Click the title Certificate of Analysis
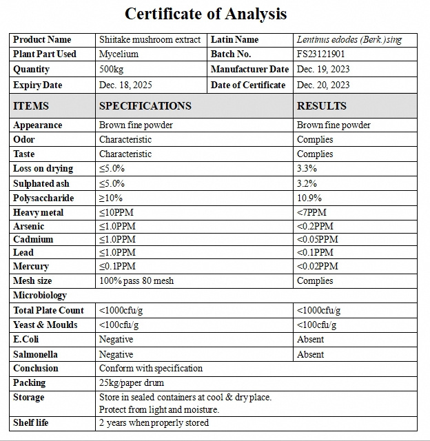click(x=205, y=14)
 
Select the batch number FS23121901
click(x=321, y=54)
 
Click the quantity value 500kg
click(x=112, y=69)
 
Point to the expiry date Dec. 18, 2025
click(x=125, y=85)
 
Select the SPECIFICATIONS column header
click(x=145, y=105)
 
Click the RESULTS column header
click(x=321, y=105)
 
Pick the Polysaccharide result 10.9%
click(x=309, y=198)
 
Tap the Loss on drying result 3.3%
click(x=307, y=168)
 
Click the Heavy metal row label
click(x=38, y=212)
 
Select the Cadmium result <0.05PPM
click(x=317, y=239)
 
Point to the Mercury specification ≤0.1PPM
click(x=117, y=266)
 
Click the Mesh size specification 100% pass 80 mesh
click(x=136, y=280)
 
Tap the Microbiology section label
click(x=40, y=295)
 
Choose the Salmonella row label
click(x=35, y=354)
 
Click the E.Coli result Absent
click(x=310, y=339)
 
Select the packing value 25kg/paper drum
click(x=132, y=382)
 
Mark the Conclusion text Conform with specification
click(x=151, y=368)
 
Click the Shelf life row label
click(x=31, y=422)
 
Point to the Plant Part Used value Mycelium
click(x=119, y=54)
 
